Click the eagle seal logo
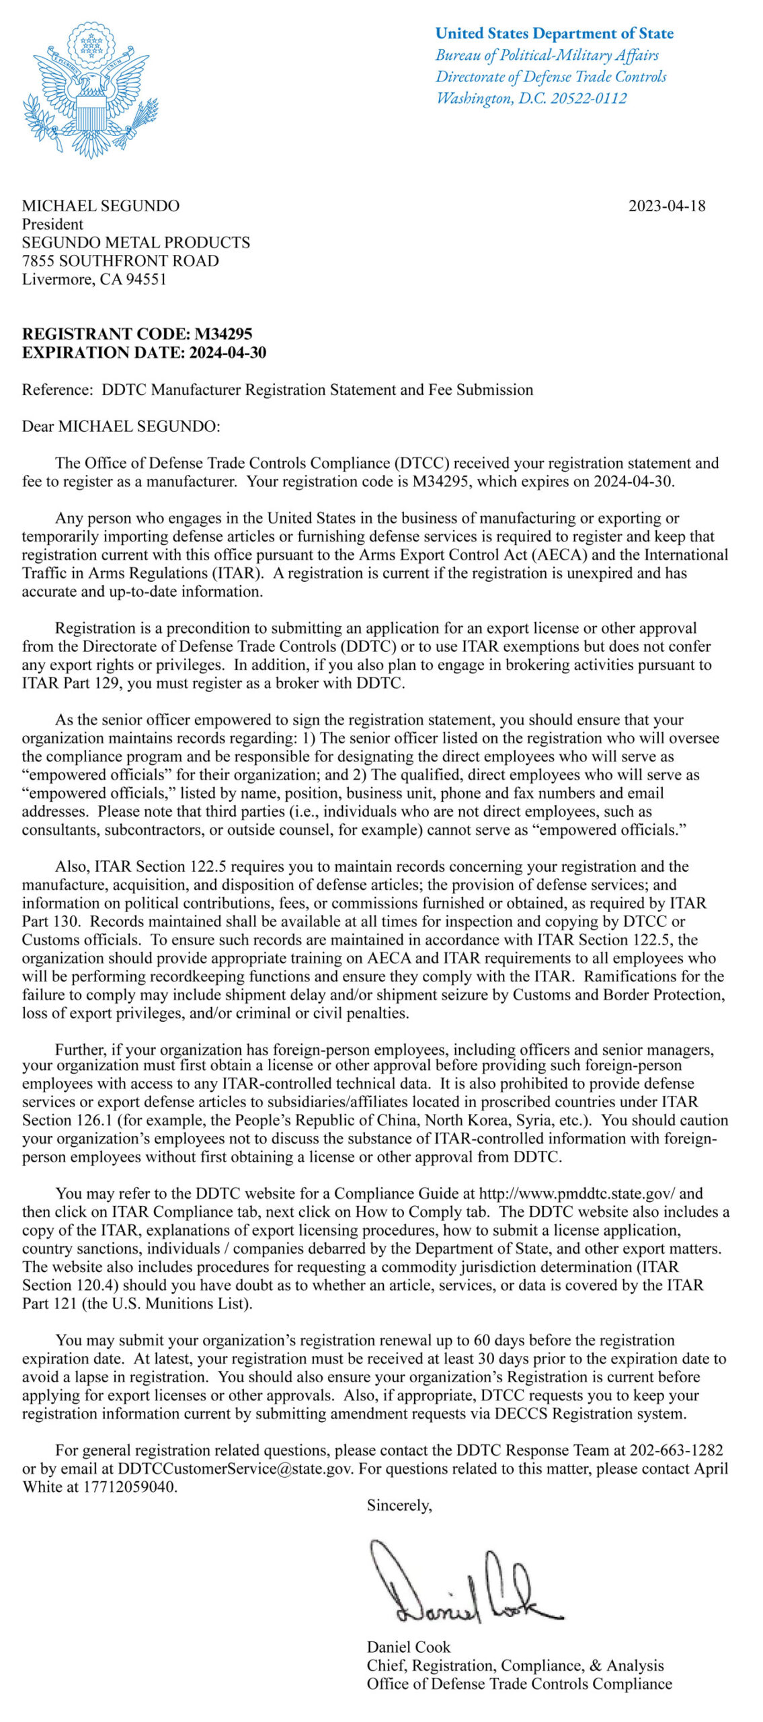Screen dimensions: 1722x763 (x=91, y=91)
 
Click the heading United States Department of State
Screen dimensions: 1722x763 (x=554, y=34)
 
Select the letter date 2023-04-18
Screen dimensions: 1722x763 (x=667, y=206)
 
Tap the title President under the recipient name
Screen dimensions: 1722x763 (x=52, y=224)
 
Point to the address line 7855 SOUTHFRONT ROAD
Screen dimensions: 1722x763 (x=120, y=260)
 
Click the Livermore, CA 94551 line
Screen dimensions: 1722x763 (x=94, y=279)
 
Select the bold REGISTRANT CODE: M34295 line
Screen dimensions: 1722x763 (x=137, y=334)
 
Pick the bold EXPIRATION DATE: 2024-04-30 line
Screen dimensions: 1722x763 (x=144, y=352)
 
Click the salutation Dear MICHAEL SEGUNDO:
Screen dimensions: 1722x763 (x=121, y=426)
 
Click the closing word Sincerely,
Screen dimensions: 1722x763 (x=399, y=1505)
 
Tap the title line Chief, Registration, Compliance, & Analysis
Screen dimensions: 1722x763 (x=515, y=1665)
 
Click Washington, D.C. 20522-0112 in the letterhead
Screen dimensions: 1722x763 (x=531, y=98)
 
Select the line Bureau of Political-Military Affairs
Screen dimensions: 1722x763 (x=547, y=55)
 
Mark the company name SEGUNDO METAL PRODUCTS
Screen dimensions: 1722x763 (x=136, y=242)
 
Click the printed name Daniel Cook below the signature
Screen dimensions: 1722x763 (x=409, y=1647)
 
